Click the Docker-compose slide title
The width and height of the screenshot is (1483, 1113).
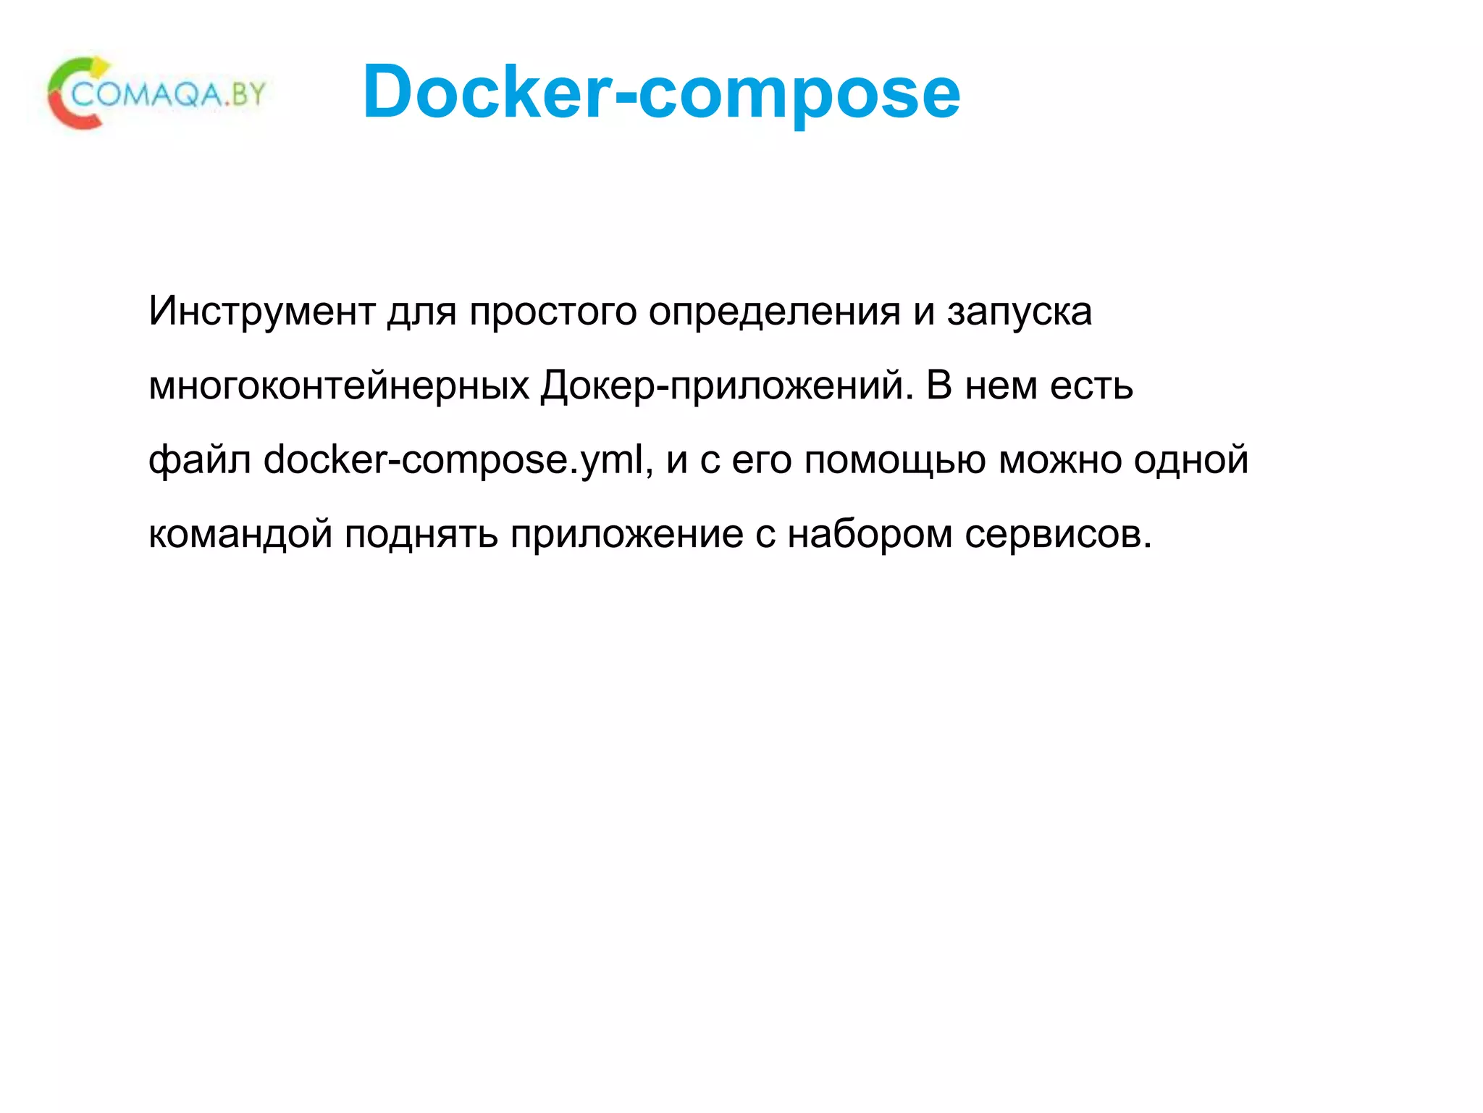pyautogui.click(x=661, y=92)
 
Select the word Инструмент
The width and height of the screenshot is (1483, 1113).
pyautogui.click(x=261, y=312)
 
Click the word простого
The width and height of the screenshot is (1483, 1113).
pyautogui.click(x=553, y=312)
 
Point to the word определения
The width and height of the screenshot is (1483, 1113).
pyautogui.click(x=774, y=312)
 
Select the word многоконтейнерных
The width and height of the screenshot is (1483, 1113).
pyautogui.click(x=339, y=385)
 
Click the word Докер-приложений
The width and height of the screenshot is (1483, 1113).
pyautogui.click(x=727, y=385)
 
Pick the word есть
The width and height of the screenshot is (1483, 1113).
pyautogui.click(x=1091, y=385)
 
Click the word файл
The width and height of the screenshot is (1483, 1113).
pyautogui.click(x=200, y=461)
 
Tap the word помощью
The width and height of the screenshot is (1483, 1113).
pyautogui.click(x=895, y=461)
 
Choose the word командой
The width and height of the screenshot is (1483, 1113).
pyautogui.click(x=240, y=535)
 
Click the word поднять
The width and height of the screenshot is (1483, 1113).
pyautogui.click(x=421, y=535)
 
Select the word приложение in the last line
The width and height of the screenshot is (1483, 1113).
pyautogui.click(x=626, y=535)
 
